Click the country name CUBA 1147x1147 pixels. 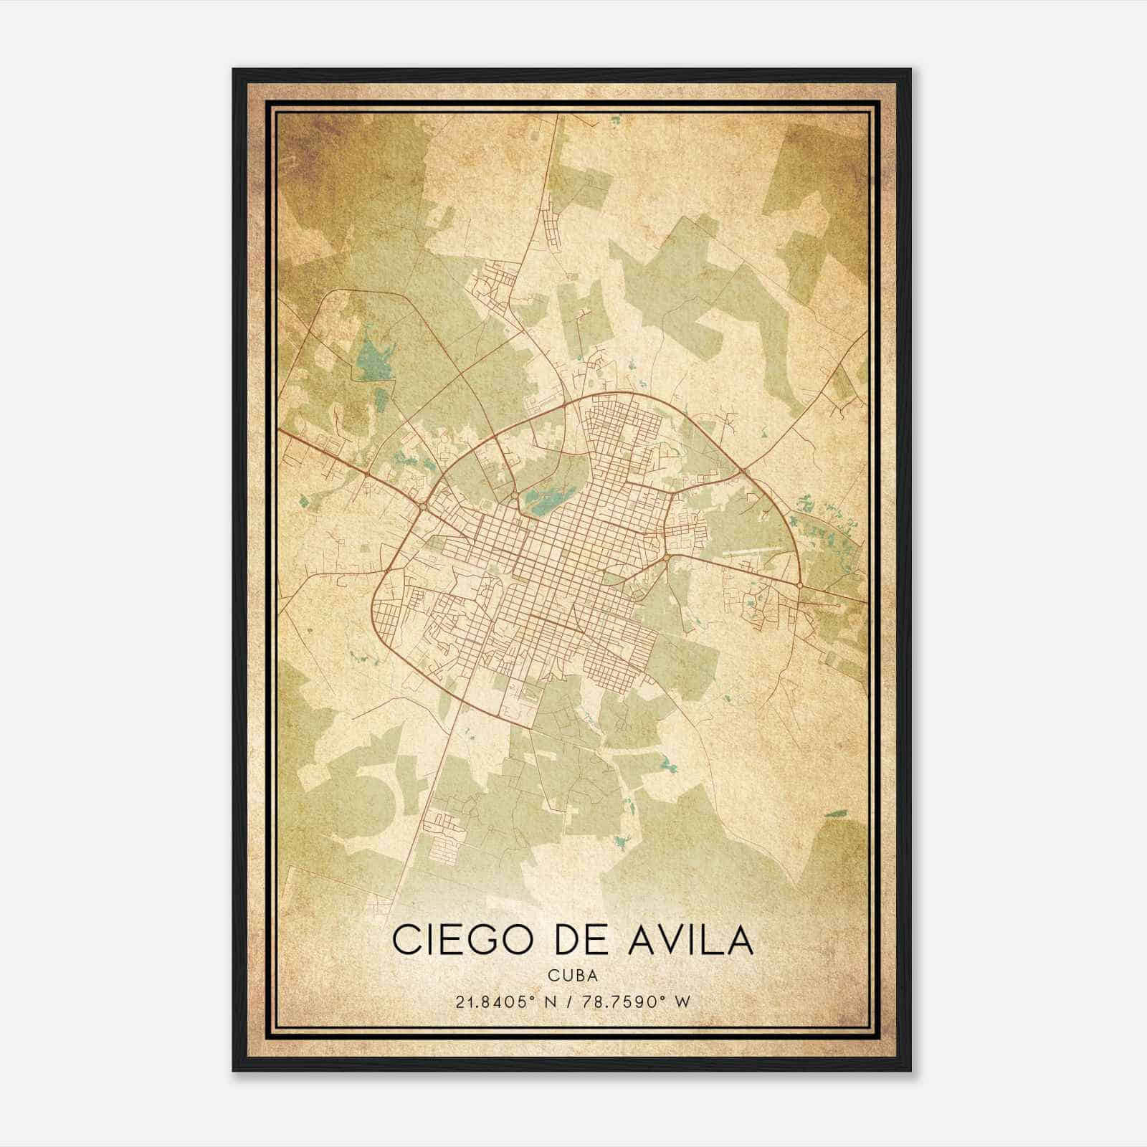pos(573,975)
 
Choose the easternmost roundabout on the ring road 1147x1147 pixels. pos(799,586)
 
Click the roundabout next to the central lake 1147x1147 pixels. pos(515,495)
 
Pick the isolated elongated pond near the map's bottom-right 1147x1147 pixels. pos(835,814)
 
